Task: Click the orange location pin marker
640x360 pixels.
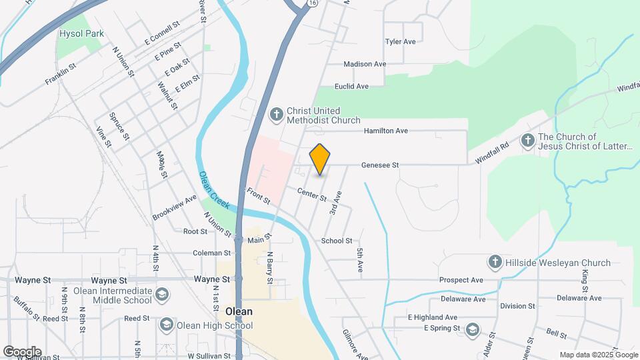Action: tap(320, 159)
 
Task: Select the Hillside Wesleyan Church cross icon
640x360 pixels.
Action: tap(495, 262)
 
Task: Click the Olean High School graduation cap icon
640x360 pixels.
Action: tap(166, 325)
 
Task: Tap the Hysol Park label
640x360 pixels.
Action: tap(82, 33)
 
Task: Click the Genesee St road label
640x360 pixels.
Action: tap(380, 165)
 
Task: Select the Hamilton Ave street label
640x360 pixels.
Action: tap(385, 131)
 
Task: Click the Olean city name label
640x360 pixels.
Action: tap(239, 311)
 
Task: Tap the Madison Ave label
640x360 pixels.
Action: tap(365, 64)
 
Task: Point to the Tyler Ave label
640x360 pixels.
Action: tap(400, 41)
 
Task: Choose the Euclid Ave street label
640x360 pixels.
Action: tap(351, 87)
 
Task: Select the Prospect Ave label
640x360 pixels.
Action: tap(461, 280)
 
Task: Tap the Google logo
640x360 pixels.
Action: tap(22, 351)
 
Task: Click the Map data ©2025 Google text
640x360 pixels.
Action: tap(597, 355)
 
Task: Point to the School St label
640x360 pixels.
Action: tap(337, 241)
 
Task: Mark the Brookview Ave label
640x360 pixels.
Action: tap(175, 207)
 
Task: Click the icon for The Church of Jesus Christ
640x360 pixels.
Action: tap(528, 140)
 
